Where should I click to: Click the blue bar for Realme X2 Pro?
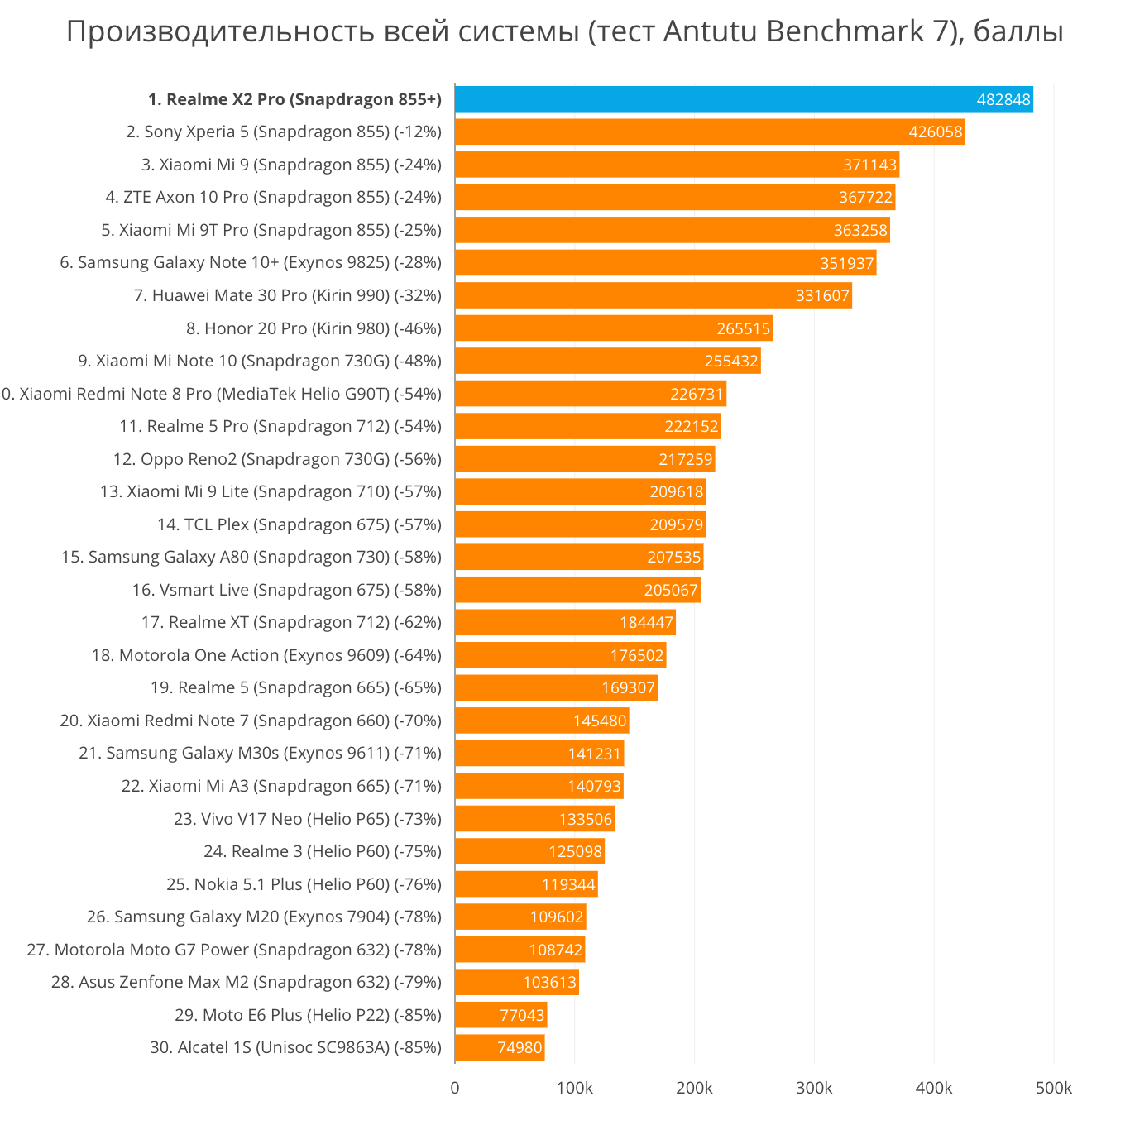pyautogui.click(x=743, y=99)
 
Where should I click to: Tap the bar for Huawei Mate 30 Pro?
pyautogui.click(x=653, y=295)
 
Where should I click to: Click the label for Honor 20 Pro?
pyautogui.click(x=314, y=328)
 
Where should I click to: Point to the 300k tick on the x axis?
pyautogui.click(x=814, y=1088)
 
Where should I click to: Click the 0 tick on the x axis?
pyautogui.click(x=455, y=1088)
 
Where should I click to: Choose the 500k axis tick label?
pyautogui.click(x=1054, y=1088)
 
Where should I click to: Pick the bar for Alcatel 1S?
pyautogui.click(x=499, y=1047)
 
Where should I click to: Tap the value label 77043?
pyautogui.click(x=522, y=1015)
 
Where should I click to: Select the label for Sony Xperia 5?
pyautogui.click(x=284, y=132)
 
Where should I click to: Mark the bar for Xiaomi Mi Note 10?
pyautogui.click(x=607, y=361)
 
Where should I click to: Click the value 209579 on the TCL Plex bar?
pyautogui.click(x=677, y=524)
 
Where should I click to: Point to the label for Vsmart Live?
pyautogui.click(x=286, y=590)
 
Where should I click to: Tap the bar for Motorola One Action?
pyautogui.click(x=560, y=655)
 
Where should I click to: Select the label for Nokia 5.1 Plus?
pyautogui.click(x=304, y=884)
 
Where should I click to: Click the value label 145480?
pyautogui.click(x=600, y=721)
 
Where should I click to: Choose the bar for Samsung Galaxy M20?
pyautogui.click(x=520, y=917)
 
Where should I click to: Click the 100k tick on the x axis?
pyautogui.click(x=575, y=1088)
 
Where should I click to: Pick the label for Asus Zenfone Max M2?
pyautogui.click(x=246, y=982)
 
